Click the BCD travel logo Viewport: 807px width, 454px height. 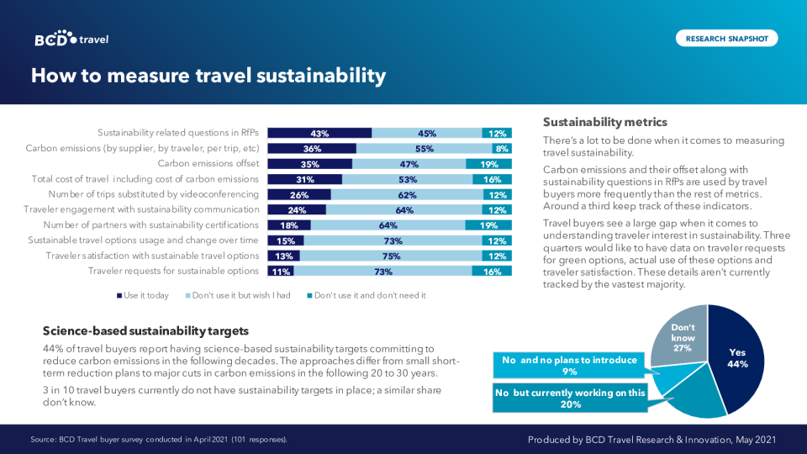click(71, 39)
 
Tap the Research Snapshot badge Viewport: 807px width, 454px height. click(726, 39)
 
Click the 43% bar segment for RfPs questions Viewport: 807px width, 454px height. click(319, 133)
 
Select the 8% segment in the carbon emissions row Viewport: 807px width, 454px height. click(503, 149)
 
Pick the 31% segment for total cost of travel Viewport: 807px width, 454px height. click(304, 179)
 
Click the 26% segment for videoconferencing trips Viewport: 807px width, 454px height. click(299, 194)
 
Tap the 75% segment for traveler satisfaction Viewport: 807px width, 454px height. click(391, 256)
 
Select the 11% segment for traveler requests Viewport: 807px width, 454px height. click(281, 271)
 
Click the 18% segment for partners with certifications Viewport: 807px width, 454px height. click(289, 225)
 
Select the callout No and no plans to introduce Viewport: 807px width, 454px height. click(569, 365)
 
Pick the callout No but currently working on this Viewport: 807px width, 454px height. click(570, 398)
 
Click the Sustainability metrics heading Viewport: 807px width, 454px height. click(605, 122)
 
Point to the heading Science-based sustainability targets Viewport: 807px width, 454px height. click(145, 331)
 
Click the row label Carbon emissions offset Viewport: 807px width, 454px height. click(208, 164)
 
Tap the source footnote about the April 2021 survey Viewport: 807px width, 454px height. click(159, 439)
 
